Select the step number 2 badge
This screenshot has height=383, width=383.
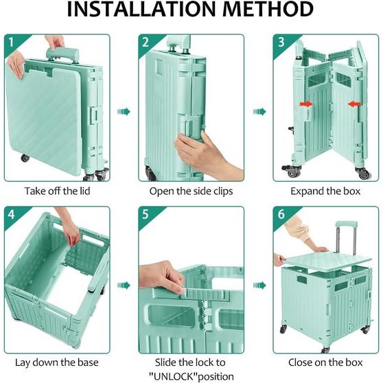pyautogui.click(x=146, y=42)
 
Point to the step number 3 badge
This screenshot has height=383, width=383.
pyautogui.click(x=281, y=42)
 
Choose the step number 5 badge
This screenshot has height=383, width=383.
pyautogui.click(x=146, y=214)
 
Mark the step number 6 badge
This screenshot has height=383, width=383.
pyautogui.click(x=281, y=214)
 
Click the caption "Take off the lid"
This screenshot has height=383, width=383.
pyautogui.click(x=58, y=191)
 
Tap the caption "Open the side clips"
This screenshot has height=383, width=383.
pyautogui.click(x=191, y=191)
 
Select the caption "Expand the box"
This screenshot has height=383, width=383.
pyautogui.click(x=325, y=191)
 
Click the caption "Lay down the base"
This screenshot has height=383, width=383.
pyautogui.click(x=57, y=362)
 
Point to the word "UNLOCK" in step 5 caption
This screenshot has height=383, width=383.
pyautogui.click(x=173, y=376)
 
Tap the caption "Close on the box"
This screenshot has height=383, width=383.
pyautogui.click(x=325, y=362)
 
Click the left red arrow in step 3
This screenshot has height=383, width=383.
pyautogui.click(x=306, y=104)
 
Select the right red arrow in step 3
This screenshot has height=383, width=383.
pyautogui.click(x=354, y=104)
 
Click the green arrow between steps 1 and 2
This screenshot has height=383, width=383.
pyautogui.click(x=124, y=112)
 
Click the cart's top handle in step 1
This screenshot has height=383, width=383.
pyautogui.click(x=62, y=54)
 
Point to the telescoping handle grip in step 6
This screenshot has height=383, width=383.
pyautogui.click(x=347, y=224)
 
